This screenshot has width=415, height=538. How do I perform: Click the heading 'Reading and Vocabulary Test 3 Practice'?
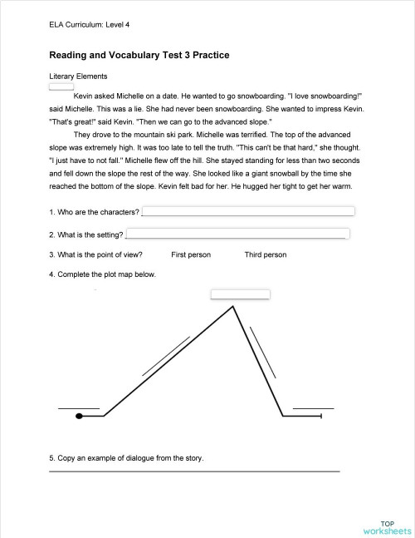tap(139, 56)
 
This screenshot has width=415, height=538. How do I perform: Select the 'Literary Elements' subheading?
tap(79, 76)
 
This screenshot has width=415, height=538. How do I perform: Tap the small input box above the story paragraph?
tap(61, 85)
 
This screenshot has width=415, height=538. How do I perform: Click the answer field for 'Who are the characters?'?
tap(248, 211)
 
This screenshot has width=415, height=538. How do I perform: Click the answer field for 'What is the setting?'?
tap(237, 234)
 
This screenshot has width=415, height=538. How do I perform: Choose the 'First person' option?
tap(191, 254)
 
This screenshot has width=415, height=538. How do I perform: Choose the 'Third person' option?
tap(266, 254)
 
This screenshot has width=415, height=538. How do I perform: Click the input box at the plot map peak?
tap(241, 294)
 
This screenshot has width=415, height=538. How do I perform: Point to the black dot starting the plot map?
tap(79, 415)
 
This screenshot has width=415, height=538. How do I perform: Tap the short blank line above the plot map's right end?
tap(314, 408)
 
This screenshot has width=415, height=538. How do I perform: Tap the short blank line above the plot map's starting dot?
tap(79, 408)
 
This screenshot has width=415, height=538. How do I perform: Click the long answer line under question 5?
tap(195, 471)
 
